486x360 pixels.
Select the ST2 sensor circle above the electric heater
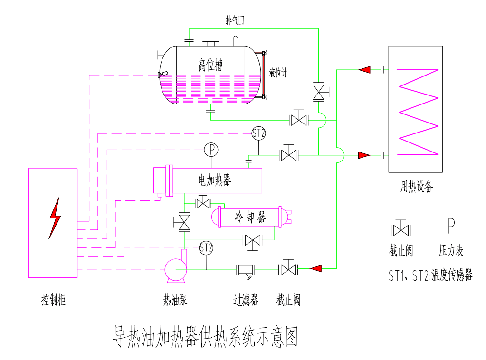[x=258, y=133]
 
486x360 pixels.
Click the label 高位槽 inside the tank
[x=210, y=65]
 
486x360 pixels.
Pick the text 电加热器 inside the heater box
[x=214, y=180]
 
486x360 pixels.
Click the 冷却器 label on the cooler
[x=250, y=218]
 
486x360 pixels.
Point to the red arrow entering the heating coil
[x=364, y=155]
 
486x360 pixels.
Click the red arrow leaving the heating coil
[x=364, y=70]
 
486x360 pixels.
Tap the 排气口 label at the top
[x=235, y=20]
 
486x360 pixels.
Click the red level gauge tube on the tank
[x=261, y=75]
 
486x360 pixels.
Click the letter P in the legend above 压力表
[x=451, y=225]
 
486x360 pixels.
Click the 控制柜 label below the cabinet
[x=53, y=300]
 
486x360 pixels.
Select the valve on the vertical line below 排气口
[x=318, y=92]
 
